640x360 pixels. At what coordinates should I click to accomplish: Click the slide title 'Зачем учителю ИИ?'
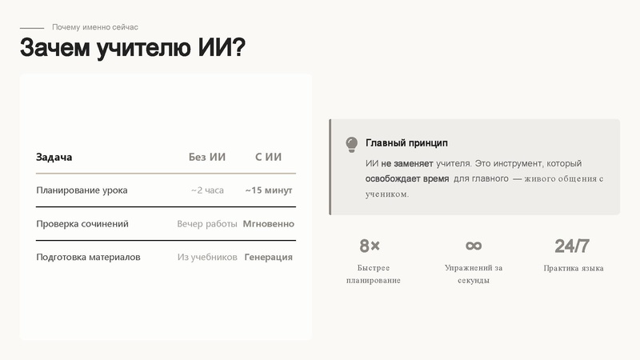click(x=132, y=48)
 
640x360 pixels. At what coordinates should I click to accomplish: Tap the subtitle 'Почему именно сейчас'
click(x=95, y=27)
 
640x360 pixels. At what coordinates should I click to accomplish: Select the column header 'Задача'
click(x=54, y=157)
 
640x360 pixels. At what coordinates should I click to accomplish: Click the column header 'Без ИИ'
click(x=207, y=157)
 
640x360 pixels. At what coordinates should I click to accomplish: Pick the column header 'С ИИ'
click(x=269, y=157)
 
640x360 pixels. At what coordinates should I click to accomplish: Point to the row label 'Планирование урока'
click(x=82, y=190)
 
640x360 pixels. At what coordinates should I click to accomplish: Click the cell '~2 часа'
click(x=207, y=190)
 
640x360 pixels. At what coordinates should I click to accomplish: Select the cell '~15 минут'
click(x=269, y=190)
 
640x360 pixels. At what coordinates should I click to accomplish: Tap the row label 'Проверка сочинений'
click(x=82, y=224)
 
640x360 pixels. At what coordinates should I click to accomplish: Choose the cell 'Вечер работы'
click(x=207, y=224)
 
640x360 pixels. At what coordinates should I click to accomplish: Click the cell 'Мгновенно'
click(x=269, y=224)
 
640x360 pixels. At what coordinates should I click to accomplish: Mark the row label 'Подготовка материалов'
click(x=88, y=258)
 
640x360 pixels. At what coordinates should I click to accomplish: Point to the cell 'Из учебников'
click(x=207, y=258)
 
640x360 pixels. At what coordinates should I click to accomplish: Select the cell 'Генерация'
click(x=269, y=258)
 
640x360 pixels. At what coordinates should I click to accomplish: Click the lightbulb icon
click(x=351, y=144)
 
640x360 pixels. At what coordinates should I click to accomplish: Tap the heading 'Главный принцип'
click(x=406, y=143)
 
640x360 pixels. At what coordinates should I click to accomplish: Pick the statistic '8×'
click(x=370, y=246)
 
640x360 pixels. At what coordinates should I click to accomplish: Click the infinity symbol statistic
click(x=474, y=246)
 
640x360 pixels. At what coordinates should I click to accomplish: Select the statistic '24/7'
click(x=572, y=246)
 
